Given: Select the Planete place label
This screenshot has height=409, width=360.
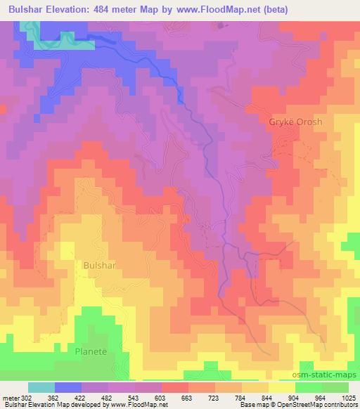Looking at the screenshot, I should [x=92, y=349].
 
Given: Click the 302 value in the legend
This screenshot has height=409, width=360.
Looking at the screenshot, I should [x=27, y=397].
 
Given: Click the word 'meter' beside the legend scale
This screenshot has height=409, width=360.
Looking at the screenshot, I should [x=11, y=397].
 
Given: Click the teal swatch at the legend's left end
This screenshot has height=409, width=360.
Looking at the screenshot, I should [x=41, y=387].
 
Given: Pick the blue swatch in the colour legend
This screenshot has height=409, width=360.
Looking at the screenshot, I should [x=69, y=387].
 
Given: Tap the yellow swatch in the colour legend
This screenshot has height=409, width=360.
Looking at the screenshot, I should [x=281, y=387].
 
